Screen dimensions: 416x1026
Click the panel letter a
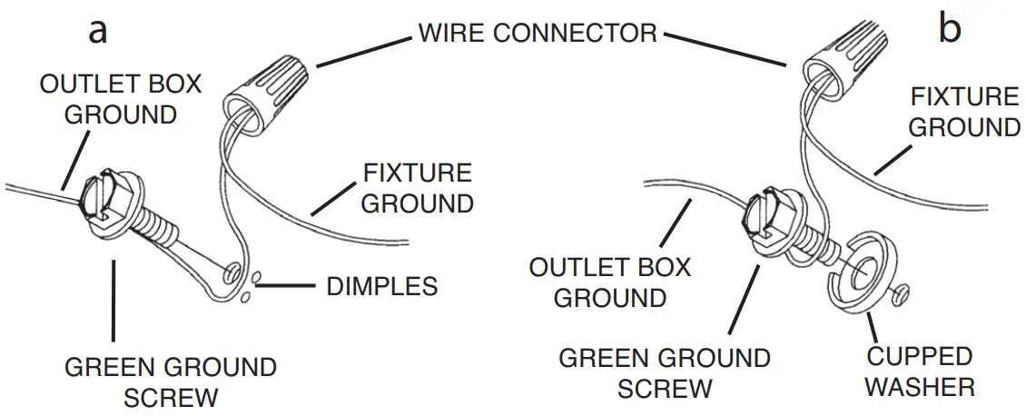tap(98, 31)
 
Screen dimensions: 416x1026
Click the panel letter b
tap(950, 31)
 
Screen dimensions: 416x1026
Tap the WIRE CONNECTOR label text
tap(537, 34)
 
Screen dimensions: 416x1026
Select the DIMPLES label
tap(381, 287)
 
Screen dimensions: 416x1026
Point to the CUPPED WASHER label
tap(920, 371)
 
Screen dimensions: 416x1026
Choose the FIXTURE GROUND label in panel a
tap(417, 187)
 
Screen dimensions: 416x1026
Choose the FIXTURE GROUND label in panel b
tap(964, 112)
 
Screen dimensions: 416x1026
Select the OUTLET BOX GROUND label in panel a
tap(121, 100)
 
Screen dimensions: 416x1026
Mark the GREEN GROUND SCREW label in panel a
tap(171, 381)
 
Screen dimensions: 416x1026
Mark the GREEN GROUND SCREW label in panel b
tap(665, 372)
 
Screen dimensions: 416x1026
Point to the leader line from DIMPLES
tap(289, 286)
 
